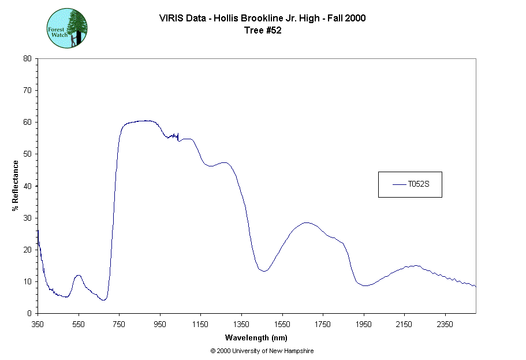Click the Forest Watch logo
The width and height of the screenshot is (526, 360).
(x=67, y=28)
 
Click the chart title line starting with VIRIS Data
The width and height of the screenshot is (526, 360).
(x=262, y=18)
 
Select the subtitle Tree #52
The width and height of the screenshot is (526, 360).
(x=262, y=31)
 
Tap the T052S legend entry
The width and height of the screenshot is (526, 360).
(x=410, y=184)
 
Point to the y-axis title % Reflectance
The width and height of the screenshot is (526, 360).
(x=16, y=185)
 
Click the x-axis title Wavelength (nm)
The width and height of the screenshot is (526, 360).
(x=256, y=338)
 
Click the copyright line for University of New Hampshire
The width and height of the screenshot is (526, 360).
(x=262, y=351)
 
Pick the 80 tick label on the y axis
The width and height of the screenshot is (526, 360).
(x=27, y=58)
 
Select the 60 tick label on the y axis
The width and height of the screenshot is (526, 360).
(x=27, y=122)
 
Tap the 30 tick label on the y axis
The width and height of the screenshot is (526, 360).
(x=27, y=218)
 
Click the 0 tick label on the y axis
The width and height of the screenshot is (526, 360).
(x=29, y=313)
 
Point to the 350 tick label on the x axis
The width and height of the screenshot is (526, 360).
(x=38, y=324)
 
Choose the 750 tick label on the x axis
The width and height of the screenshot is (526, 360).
(x=119, y=324)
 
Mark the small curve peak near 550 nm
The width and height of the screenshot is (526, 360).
(x=78, y=275)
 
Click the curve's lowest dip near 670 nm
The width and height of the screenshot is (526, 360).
(x=103, y=300)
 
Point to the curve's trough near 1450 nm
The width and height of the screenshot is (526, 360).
(x=263, y=270)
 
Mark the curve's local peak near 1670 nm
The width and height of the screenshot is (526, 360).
(x=307, y=222)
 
